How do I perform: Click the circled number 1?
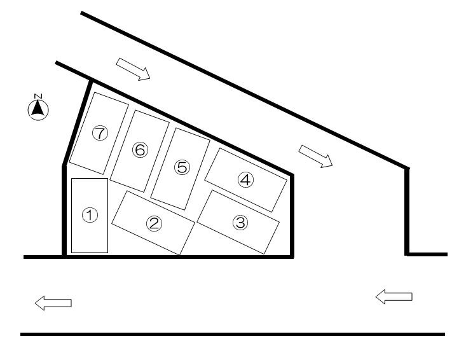point(90,215)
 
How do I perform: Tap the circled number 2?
point(154,223)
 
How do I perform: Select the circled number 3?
point(240,223)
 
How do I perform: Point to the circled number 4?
point(246,180)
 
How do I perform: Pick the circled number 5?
point(182,167)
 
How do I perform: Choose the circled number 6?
point(140,149)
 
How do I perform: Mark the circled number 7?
point(100,133)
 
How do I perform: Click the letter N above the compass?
point(38,96)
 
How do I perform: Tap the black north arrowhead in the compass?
point(38,108)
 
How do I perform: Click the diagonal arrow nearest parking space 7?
point(133,69)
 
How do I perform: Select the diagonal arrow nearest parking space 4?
point(315,156)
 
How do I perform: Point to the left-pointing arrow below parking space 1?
point(53,303)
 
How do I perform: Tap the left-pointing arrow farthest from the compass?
point(394,296)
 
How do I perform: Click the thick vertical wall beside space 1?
point(64,211)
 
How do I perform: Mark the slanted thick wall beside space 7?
point(77,123)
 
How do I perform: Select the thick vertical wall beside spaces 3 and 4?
point(292,216)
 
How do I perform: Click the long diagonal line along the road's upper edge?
point(245,90)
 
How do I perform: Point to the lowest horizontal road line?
point(233,334)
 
